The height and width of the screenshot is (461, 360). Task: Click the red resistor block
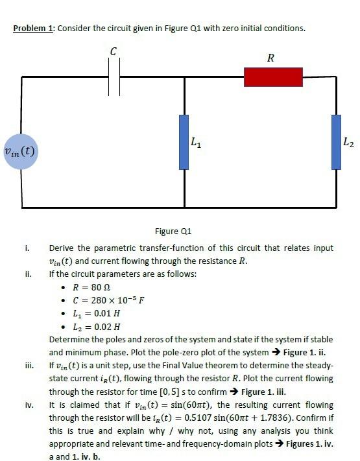click(x=273, y=77)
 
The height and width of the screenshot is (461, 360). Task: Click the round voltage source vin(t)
click(x=21, y=152)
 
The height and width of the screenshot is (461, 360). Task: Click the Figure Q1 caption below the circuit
click(x=174, y=231)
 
